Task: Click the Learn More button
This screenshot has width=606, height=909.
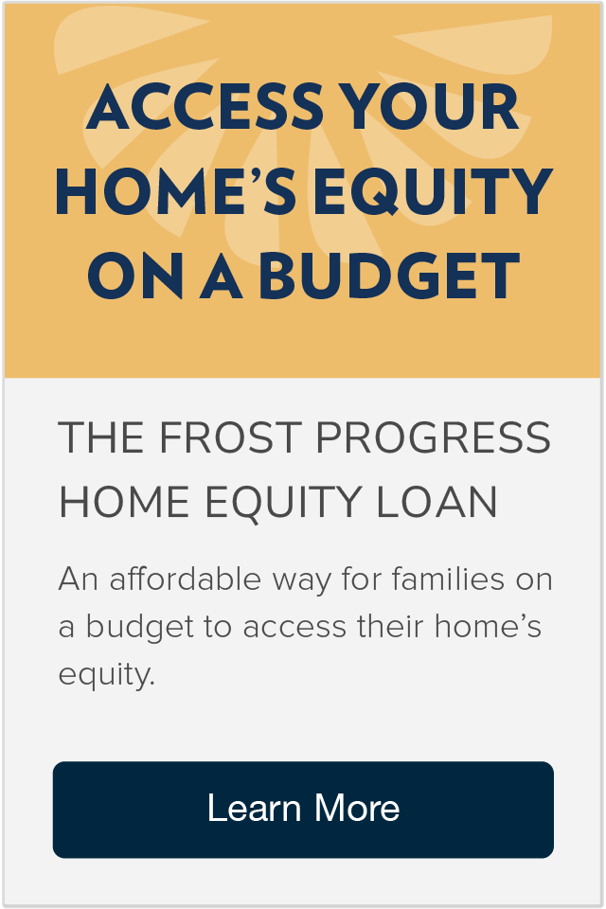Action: tap(303, 810)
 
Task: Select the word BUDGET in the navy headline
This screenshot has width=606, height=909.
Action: tap(389, 276)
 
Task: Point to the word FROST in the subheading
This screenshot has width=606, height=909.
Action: tap(230, 437)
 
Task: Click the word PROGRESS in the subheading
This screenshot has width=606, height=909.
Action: tap(433, 437)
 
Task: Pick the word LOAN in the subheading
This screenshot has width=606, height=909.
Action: tap(437, 502)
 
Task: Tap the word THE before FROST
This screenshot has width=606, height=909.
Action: tap(101, 437)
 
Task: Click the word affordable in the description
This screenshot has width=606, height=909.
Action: tap(186, 579)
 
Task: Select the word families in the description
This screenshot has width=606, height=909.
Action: tap(448, 579)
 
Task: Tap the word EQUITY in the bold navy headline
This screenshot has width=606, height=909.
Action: tap(433, 191)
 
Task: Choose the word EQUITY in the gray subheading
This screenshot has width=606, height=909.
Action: tap(283, 503)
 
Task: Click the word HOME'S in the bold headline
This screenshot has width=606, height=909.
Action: tap(176, 191)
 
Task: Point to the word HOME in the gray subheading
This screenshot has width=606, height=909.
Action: tap(124, 502)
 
